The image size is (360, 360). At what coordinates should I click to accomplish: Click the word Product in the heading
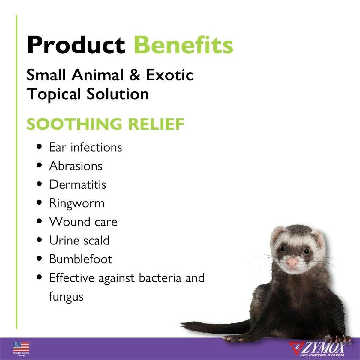click(76, 45)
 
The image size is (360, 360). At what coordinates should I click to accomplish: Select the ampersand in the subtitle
click(135, 75)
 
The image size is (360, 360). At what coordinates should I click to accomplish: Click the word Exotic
click(169, 75)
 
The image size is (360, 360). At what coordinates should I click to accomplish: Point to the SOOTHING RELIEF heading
click(105, 124)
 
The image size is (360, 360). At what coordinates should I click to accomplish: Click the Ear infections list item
click(85, 147)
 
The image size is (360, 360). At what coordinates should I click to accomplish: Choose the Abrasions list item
click(76, 166)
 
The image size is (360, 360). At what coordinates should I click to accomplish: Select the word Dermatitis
click(77, 184)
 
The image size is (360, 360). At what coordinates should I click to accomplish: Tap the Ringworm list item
click(77, 203)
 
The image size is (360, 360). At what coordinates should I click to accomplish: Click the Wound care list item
click(83, 222)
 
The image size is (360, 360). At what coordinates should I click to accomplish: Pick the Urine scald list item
click(79, 241)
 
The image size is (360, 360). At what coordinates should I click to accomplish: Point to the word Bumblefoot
click(81, 259)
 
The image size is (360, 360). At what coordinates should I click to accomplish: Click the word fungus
click(66, 297)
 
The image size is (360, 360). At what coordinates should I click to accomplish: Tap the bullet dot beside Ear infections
click(39, 147)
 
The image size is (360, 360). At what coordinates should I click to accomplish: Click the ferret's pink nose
click(292, 262)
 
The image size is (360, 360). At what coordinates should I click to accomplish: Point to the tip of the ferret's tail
click(181, 323)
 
